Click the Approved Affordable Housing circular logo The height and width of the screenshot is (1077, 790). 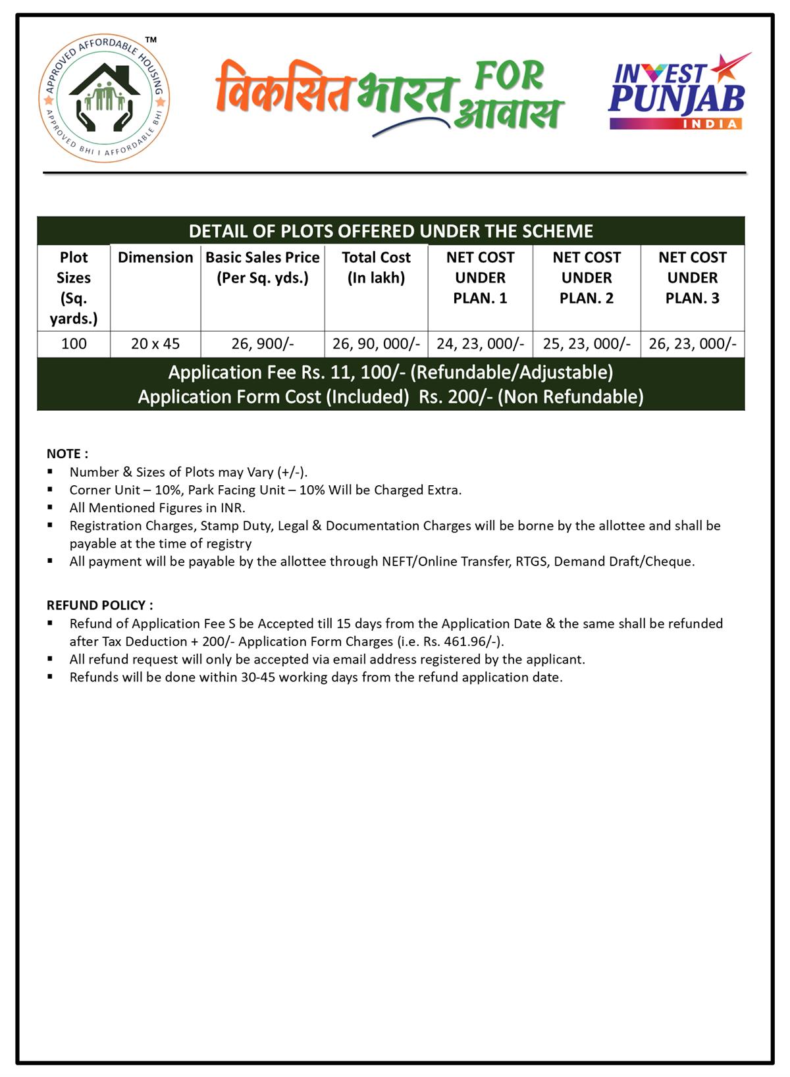coord(104,100)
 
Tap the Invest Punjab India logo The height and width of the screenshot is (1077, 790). coord(678,92)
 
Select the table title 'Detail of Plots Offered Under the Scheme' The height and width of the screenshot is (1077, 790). coord(391,231)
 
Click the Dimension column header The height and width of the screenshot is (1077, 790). coord(155,257)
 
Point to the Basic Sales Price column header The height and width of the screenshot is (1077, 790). coord(263,267)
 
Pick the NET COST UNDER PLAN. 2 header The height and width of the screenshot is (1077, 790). coord(587,277)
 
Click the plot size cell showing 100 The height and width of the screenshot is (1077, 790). coord(74,344)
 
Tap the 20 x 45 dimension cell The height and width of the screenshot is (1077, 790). coord(155,344)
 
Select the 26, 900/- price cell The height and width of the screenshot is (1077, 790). coord(263,344)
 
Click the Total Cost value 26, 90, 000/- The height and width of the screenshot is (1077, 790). coord(376,344)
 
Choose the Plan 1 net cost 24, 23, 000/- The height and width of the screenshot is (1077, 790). coord(480,344)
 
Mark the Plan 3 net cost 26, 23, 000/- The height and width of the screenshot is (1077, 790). coord(693,344)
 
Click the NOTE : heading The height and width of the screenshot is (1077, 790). coord(67,454)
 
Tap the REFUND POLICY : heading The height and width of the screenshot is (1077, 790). coord(99,605)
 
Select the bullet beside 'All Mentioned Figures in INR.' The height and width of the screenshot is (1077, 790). coord(50,508)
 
